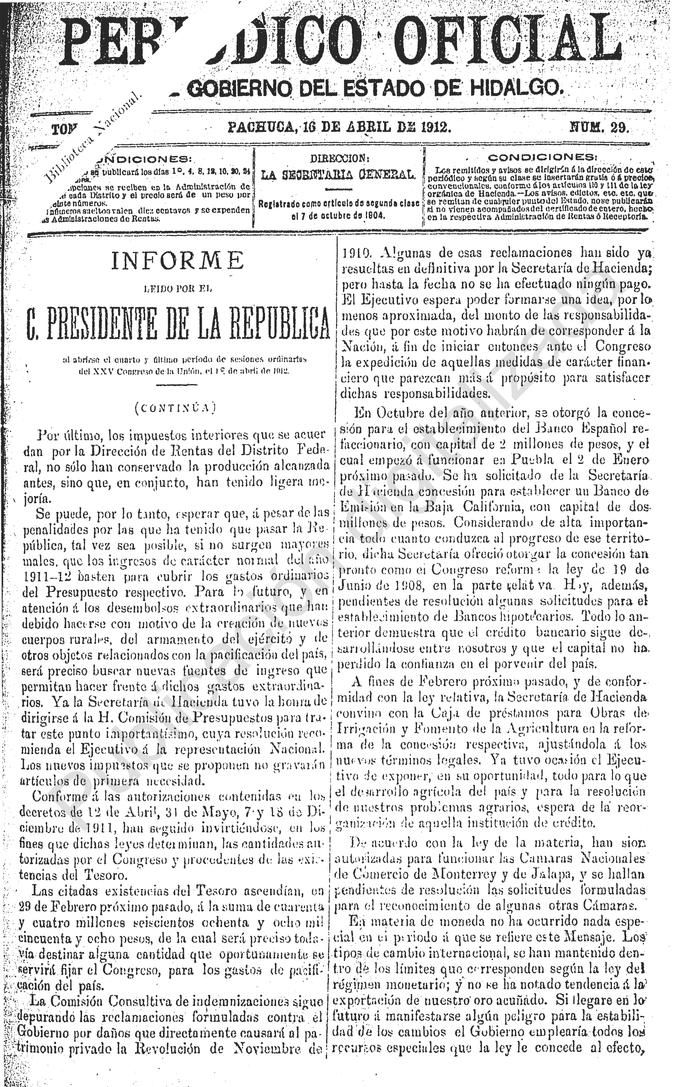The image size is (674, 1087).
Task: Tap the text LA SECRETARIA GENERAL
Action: (x=339, y=175)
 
